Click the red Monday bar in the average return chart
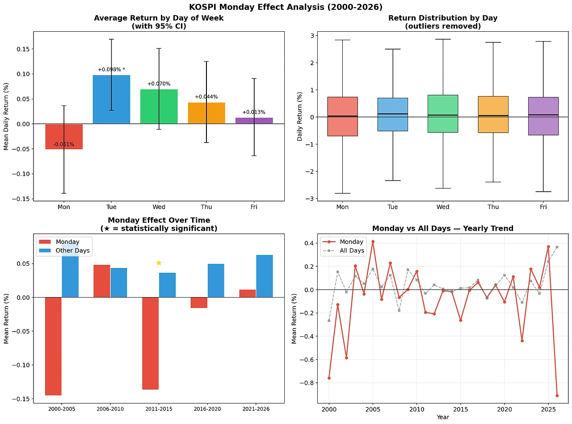(64, 136)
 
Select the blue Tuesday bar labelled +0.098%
(111, 99)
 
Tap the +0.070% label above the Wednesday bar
(159, 84)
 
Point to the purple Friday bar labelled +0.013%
(254, 121)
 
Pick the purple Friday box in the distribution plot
(543, 116)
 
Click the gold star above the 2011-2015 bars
(159, 263)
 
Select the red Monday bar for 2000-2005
(53, 346)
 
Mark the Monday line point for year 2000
(329, 378)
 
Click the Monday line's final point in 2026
(557, 395)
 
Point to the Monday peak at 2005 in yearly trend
(373, 242)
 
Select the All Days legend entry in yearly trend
(352, 251)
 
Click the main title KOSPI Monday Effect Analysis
(286, 7)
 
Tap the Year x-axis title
(442, 417)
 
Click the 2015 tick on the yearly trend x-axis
(460, 409)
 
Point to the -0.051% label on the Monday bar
(64, 144)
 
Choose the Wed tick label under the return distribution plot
(443, 207)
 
